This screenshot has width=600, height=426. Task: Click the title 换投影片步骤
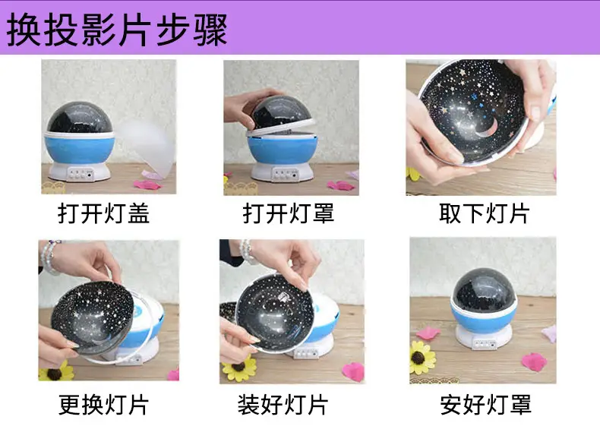(x=117, y=30)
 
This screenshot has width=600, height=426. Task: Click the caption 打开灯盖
(x=103, y=213)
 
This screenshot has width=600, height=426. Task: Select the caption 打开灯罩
(x=289, y=213)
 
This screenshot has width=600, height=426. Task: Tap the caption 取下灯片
(x=484, y=213)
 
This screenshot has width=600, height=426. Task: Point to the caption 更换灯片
(x=103, y=405)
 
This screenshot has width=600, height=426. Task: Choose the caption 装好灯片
(x=283, y=405)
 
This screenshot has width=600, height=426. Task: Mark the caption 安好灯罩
(x=485, y=405)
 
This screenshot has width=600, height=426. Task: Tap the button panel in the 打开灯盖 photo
(x=81, y=174)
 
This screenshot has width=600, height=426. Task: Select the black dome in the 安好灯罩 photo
(x=484, y=290)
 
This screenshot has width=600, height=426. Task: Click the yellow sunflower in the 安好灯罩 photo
(x=422, y=358)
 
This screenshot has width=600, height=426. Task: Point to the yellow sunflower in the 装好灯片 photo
(x=238, y=368)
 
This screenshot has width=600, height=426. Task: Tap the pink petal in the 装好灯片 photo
(x=354, y=371)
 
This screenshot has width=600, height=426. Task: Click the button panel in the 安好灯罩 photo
(x=485, y=344)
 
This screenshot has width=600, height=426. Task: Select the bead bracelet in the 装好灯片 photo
(x=247, y=251)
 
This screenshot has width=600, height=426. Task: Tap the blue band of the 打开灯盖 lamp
(x=80, y=149)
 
